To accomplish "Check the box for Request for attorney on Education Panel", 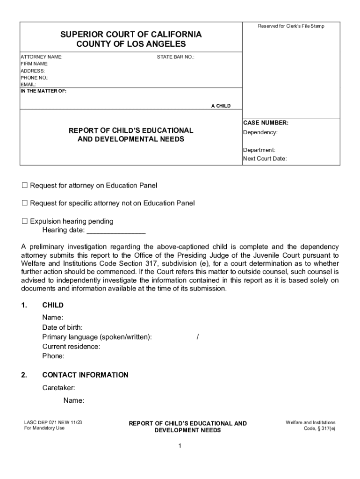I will pos(25,186).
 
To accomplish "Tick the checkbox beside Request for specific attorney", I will pos(25,203).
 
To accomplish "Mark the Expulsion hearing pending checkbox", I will pos(25,221).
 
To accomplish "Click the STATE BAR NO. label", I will pos(175,57).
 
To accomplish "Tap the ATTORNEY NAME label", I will pos(41,57).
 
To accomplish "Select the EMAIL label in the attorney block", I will pos(28,85).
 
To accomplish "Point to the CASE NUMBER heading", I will pos(266,123).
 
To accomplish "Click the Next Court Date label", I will pos(265,159).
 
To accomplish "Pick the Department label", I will pos(259,150).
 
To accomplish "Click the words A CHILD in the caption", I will pos(221,106).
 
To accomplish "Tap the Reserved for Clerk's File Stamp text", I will pos(291,26).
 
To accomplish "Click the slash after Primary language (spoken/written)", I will pos(198,337).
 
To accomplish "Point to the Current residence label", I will pos(71,347).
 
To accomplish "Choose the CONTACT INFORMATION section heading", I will pos(85,375).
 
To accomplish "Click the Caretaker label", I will pos(58,388).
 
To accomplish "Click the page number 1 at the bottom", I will pos(180,446).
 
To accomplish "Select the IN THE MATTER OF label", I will pos(43,91).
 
